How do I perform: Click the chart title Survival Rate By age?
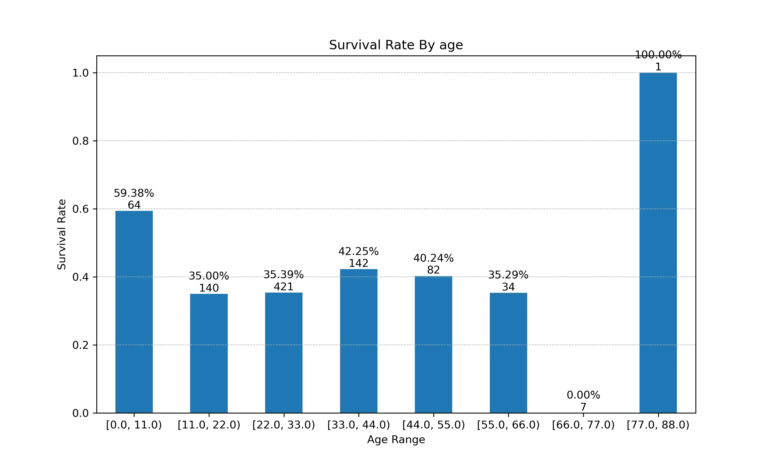(396, 45)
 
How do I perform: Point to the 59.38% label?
(134, 193)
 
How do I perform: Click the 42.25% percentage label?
(358, 251)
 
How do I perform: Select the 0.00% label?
(583, 395)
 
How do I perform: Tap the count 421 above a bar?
(283, 287)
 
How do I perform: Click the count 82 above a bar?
(433, 270)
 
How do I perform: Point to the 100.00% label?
(658, 55)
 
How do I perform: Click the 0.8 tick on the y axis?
(80, 141)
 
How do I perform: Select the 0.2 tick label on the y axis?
(80, 345)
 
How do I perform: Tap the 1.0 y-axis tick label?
(80, 73)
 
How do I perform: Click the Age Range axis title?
(396, 440)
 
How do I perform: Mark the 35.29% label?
(508, 275)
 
